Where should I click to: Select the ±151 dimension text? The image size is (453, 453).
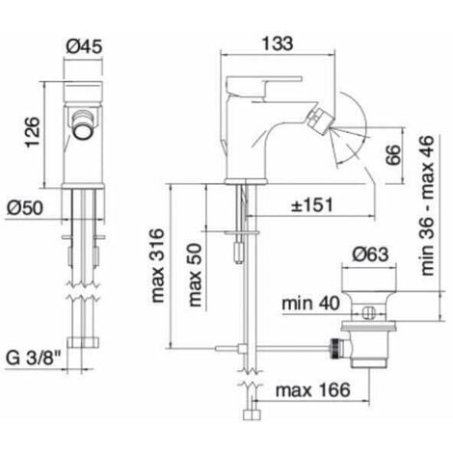click(314, 204)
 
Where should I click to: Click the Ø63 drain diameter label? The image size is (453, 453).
click(362, 254)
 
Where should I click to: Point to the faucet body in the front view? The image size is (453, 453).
click(83, 145)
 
